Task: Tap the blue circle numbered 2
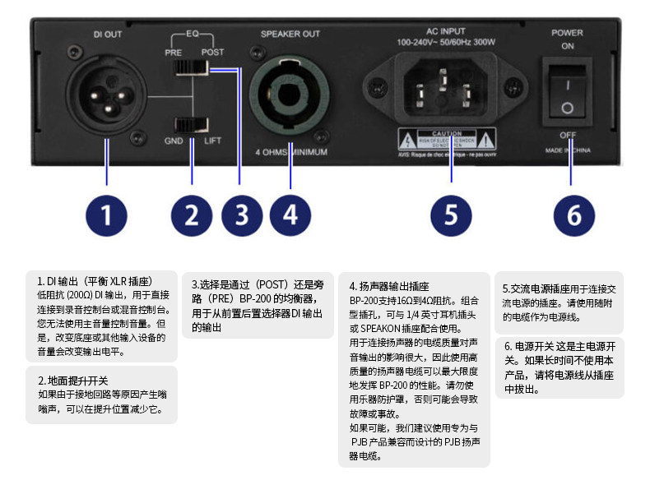pos(192,215)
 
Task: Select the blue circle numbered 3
pos(241,215)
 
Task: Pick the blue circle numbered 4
pos(290,215)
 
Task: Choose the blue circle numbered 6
pos(574,215)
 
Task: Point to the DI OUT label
pos(107,34)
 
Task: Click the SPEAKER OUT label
pos(290,34)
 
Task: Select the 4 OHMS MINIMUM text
pos(290,153)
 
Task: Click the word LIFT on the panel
pos(213,141)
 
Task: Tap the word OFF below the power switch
pos(568,134)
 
